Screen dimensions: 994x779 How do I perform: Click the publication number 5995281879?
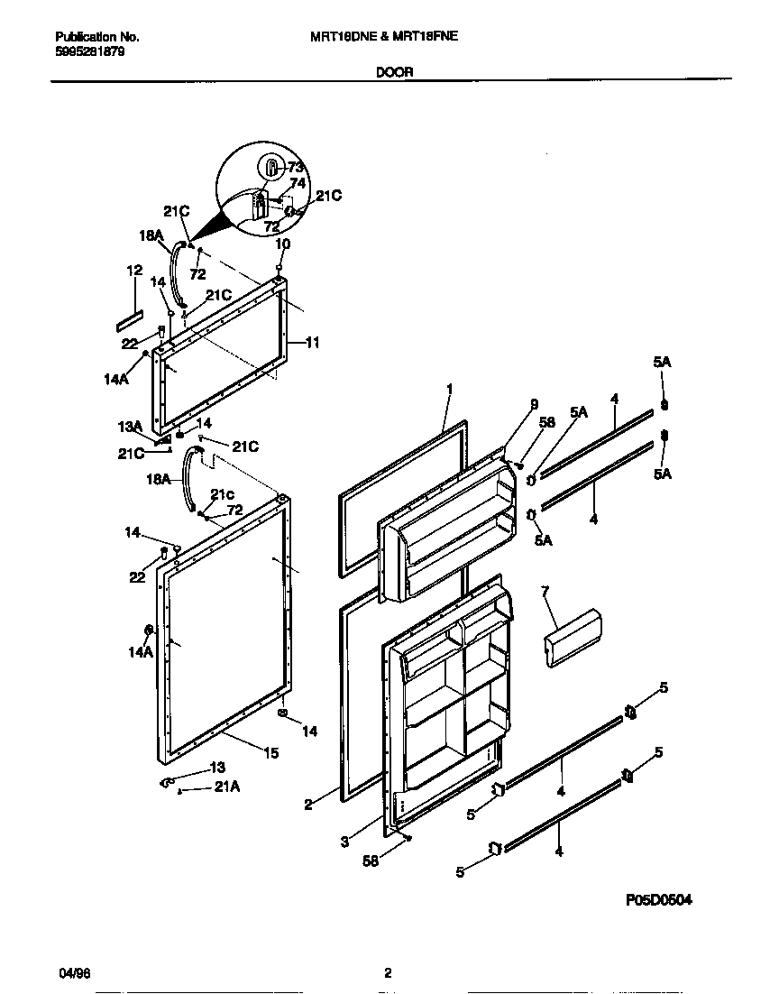tap(90, 51)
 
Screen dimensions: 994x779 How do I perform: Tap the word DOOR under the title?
tap(394, 73)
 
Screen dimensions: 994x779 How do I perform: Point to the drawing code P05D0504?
tap(660, 900)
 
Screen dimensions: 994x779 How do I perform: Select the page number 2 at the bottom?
tap(388, 973)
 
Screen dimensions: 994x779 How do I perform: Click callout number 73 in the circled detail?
tap(295, 167)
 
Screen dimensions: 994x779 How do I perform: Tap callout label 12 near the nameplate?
tap(134, 271)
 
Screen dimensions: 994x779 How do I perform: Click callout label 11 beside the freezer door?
tap(312, 343)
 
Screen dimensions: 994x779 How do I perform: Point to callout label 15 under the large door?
tap(271, 753)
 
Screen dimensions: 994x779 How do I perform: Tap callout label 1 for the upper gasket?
tap(448, 389)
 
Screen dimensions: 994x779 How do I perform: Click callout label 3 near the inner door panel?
tap(344, 842)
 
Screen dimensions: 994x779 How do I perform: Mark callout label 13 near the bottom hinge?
tap(216, 768)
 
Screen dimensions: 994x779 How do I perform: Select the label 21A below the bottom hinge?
tap(226, 788)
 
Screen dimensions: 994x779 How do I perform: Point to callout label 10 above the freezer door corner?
tap(282, 244)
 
